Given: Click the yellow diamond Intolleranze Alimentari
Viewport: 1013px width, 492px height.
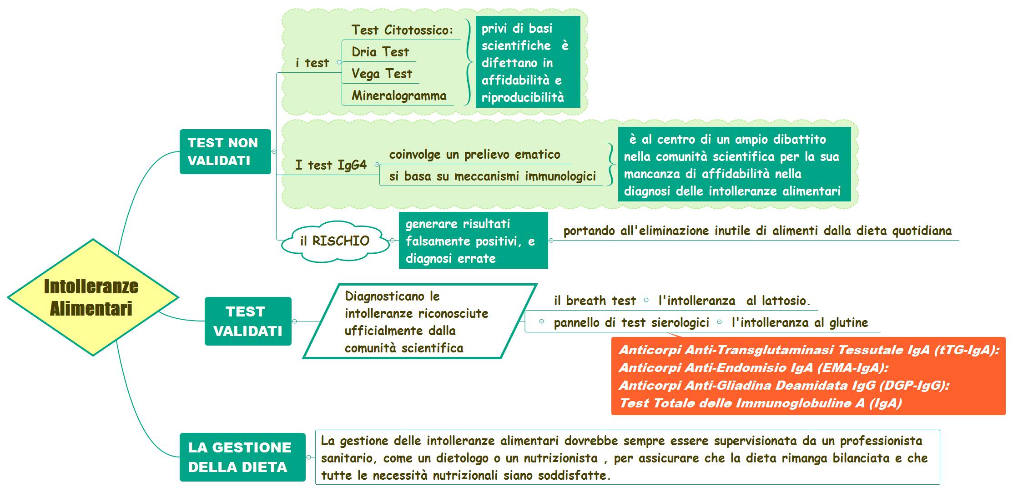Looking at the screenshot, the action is click(93, 297).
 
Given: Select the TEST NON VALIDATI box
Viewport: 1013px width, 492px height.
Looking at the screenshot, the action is click(225, 151).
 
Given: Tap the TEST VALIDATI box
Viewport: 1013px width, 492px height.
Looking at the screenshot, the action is click(248, 321).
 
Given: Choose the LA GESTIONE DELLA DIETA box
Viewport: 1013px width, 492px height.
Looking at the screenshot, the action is click(242, 457).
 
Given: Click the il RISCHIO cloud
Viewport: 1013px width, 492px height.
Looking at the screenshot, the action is click(335, 241).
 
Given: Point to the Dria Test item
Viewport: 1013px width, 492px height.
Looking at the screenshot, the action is click(380, 52).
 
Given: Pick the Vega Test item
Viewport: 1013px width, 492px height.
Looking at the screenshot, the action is click(382, 74).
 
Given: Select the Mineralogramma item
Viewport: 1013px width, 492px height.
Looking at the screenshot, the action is click(399, 95).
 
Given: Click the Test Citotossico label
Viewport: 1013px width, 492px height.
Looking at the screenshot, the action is click(403, 30).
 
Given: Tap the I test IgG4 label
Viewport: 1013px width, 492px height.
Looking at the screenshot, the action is click(331, 165).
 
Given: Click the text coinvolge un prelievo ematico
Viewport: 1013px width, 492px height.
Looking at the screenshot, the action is click(474, 155).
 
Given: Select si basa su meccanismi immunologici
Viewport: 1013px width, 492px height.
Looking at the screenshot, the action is click(492, 176).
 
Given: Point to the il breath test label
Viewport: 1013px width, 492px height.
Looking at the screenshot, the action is click(595, 301).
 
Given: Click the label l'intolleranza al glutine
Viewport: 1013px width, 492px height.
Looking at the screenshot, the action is click(800, 322).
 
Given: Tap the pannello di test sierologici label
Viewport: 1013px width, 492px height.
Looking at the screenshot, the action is click(631, 322).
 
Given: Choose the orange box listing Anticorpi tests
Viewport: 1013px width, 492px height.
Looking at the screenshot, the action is click(808, 376).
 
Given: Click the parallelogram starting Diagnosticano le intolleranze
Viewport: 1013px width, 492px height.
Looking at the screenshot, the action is click(420, 321).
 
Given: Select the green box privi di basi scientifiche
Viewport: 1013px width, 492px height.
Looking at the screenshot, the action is click(528, 62).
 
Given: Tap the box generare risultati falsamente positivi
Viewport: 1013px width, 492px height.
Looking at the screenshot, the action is click(474, 241).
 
